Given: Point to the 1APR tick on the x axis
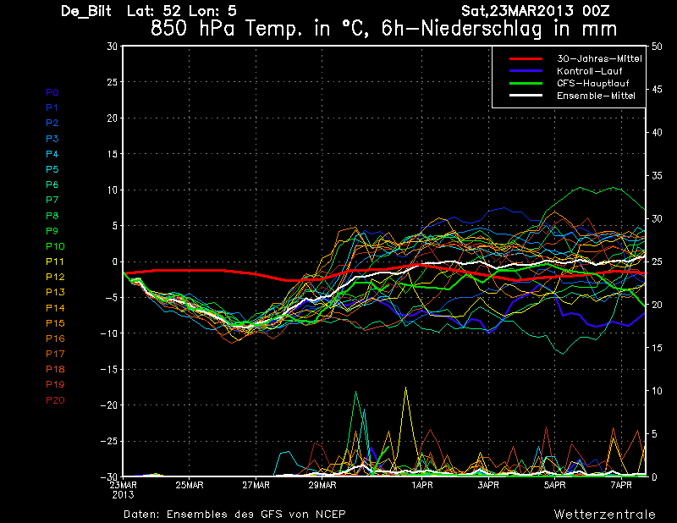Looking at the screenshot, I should tap(422, 486).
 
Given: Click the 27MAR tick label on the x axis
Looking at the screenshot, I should tap(256, 486).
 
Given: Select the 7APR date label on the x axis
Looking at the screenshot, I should tap(622, 486).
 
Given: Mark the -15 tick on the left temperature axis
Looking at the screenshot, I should tap(110, 370).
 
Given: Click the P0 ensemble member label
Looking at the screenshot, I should tap(52, 92).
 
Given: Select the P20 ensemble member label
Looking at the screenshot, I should tap(55, 399).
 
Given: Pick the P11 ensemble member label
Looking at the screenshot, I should tap(55, 261).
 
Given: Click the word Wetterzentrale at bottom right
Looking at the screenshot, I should tap(605, 514).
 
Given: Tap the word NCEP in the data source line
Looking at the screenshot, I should tap(328, 514).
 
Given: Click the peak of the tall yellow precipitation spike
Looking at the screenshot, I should tap(406, 388).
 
